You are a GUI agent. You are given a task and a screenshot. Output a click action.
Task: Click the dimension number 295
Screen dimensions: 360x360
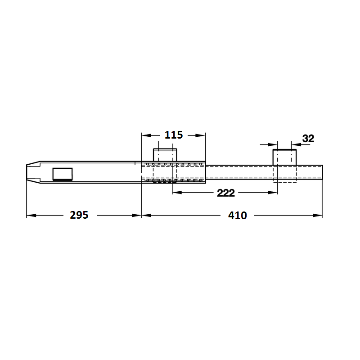[x=79, y=215]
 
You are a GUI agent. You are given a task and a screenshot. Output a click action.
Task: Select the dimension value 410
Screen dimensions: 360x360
[x=238, y=216]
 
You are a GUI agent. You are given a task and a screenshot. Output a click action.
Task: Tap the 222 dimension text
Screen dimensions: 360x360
[x=226, y=193]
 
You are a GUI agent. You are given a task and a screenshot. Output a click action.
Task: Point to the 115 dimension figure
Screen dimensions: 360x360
[x=174, y=135]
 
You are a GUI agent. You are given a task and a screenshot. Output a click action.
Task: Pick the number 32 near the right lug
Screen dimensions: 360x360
[x=308, y=139]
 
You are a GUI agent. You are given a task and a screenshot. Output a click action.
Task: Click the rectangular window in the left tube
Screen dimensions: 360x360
[x=63, y=174]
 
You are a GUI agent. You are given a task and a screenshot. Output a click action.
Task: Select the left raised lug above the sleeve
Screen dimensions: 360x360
[x=165, y=155]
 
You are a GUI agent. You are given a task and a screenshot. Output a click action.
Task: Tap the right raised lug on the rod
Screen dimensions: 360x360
[x=284, y=157]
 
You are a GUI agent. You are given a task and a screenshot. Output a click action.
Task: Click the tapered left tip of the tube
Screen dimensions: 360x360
[x=33, y=172]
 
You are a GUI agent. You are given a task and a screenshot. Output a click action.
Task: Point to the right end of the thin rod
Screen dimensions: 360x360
[x=323, y=172]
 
